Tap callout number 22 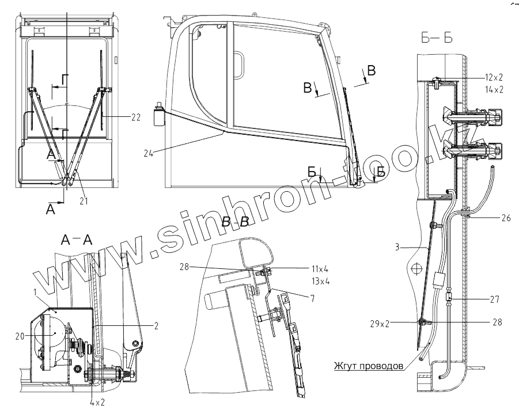(x=136, y=117)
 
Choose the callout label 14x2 (x=494, y=90)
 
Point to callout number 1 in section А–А (x=35, y=293)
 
